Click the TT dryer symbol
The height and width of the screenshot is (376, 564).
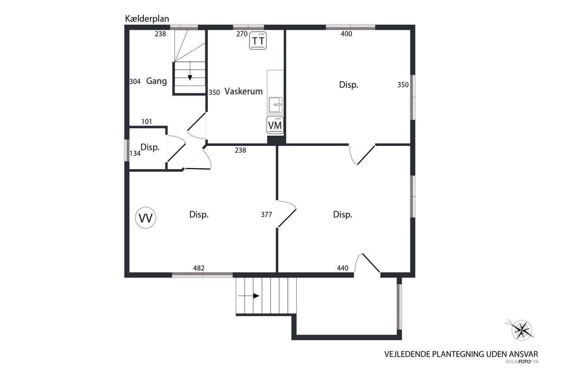[x=258, y=41]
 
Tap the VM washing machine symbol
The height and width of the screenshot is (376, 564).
[x=275, y=125]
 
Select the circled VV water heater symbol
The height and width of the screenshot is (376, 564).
[x=145, y=218]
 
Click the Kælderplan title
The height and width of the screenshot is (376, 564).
[x=147, y=19]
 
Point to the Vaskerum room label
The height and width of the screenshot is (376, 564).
[x=244, y=91]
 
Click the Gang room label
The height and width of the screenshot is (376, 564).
[x=156, y=81]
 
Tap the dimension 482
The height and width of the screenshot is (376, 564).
[x=199, y=268]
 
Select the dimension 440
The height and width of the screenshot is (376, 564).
[x=343, y=268]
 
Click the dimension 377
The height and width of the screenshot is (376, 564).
[x=267, y=215]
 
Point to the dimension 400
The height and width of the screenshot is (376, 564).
[x=346, y=34]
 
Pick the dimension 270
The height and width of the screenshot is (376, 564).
[x=242, y=34]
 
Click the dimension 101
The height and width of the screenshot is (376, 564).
[x=147, y=122]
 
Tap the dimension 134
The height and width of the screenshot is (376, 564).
[x=135, y=153]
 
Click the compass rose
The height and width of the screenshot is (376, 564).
[x=521, y=330]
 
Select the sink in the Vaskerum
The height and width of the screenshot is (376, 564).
[x=275, y=104]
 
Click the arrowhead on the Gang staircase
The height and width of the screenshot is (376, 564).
[x=190, y=78]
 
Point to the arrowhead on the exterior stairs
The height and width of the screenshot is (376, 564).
[x=256, y=296]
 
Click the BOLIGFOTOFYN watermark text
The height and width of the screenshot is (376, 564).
[x=522, y=362]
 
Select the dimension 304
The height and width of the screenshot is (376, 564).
[x=135, y=82]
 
